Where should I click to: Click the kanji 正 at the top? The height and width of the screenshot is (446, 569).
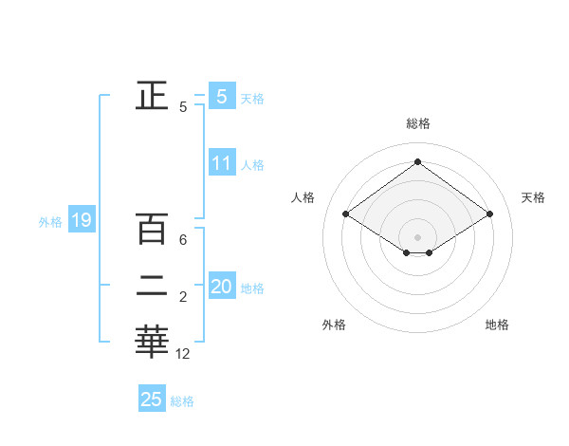click(152, 96)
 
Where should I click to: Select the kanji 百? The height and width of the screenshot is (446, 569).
click(152, 229)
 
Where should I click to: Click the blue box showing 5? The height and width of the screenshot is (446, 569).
click(221, 96)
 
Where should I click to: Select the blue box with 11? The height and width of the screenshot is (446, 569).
click(221, 162)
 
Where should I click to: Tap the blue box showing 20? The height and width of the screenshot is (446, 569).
click(221, 286)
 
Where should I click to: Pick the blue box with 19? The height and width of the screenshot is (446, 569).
click(81, 221)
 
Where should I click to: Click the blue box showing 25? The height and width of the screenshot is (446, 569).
click(152, 400)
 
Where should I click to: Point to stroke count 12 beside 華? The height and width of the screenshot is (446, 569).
click(183, 354)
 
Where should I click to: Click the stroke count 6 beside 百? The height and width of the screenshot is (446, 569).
click(183, 240)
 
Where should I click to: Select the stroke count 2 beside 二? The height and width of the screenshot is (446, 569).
click(183, 297)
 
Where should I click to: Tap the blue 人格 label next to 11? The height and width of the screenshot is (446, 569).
click(252, 165)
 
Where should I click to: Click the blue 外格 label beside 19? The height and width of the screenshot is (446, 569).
click(50, 223)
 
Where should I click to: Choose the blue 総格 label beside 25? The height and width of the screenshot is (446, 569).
click(182, 401)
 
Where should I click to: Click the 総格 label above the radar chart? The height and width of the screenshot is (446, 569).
click(417, 123)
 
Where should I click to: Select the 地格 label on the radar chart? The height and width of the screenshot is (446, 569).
click(497, 325)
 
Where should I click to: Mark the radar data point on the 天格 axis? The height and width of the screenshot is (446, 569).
click(489, 214)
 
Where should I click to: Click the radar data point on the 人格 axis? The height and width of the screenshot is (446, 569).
click(346, 214)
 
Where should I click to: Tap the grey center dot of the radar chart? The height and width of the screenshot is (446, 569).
click(417, 236)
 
